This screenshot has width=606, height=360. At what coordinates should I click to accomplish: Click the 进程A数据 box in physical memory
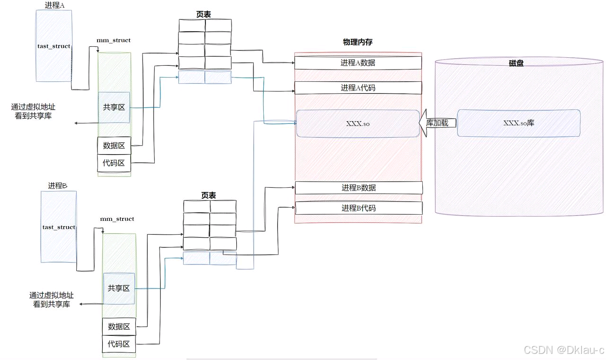[x=358, y=63]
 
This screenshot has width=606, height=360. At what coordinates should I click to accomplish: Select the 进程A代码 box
[x=358, y=88]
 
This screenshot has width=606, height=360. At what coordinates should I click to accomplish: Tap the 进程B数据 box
[x=358, y=188]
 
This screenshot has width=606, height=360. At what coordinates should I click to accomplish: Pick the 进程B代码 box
[x=358, y=208]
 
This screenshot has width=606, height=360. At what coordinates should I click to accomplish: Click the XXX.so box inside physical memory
[x=358, y=123]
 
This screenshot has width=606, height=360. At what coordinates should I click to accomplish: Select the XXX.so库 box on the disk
[x=518, y=123]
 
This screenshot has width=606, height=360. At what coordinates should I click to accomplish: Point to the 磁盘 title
[x=516, y=63]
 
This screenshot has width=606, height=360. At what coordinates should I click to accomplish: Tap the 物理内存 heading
[x=357, y=42]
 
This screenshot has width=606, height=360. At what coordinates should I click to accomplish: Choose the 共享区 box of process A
[x=114, y=107]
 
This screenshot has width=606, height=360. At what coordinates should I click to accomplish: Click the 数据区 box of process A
[x=114, y=146]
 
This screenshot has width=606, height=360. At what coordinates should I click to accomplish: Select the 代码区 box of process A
[x=114, y=163]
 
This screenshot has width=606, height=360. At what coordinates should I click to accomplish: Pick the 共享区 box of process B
[x=119, y=288]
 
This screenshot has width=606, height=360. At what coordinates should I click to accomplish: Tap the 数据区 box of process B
[x=119, y=326]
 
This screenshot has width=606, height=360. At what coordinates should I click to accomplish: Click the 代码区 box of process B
[x=119, y=344]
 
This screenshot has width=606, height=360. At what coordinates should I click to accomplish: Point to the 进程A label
[x=54, y=5]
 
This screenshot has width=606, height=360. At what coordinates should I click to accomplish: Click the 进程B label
[x=58, y=186]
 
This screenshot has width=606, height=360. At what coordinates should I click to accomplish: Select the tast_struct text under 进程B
[x=59, y=227]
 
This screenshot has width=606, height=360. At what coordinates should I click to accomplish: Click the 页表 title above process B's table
[x=208, y=195]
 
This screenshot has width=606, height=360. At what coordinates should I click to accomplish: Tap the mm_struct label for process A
[x=114, y=40]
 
